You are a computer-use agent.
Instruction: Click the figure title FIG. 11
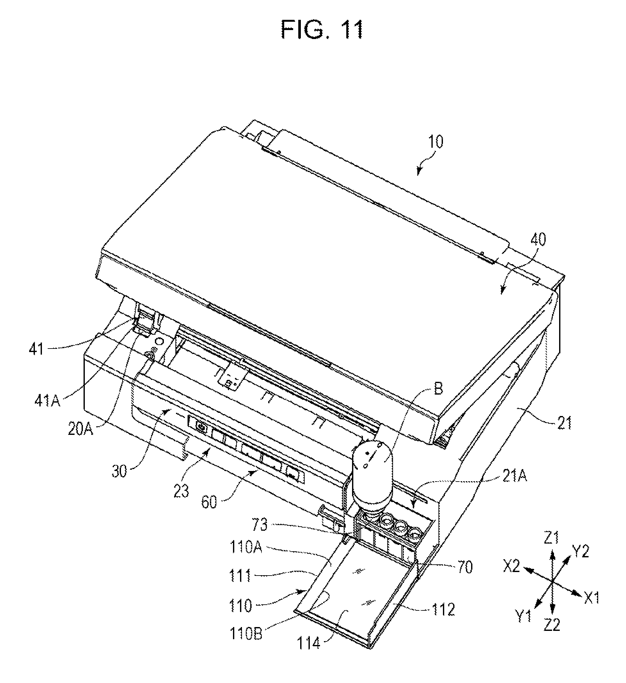point(322,30)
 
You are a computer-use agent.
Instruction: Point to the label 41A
point(47,401)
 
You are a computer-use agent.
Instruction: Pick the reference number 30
point(119,472)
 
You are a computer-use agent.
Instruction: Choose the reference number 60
point(209,502)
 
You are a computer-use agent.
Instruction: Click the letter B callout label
point(438,389)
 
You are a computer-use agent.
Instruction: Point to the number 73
point(260,525)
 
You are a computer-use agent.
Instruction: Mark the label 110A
point(246,547)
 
